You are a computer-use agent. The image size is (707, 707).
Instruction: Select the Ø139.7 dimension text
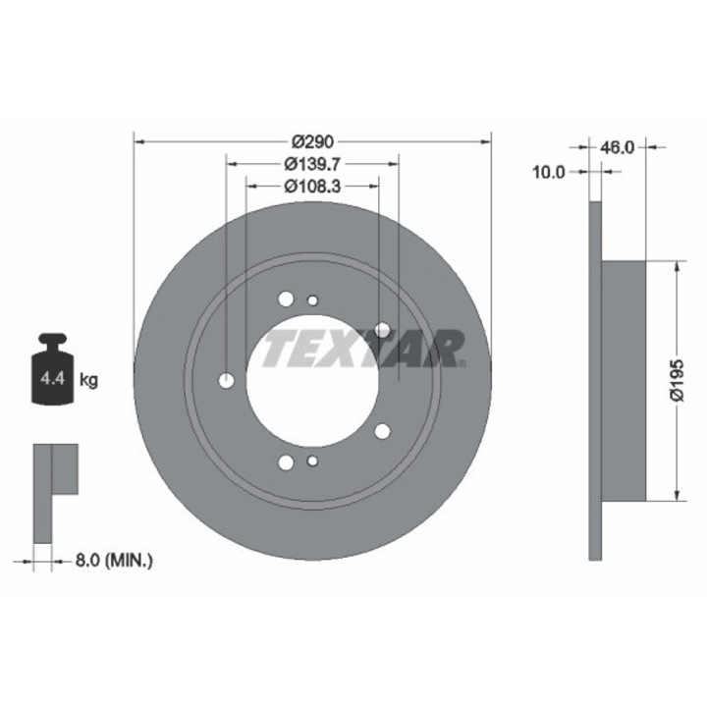coord(311,164)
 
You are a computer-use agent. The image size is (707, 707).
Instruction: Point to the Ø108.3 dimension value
coord(311,185)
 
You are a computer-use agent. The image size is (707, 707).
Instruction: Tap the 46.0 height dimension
coord(617,147)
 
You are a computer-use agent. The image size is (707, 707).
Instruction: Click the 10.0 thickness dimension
coord(549,172)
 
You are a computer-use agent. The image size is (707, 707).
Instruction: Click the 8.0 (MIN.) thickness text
coord(114,561)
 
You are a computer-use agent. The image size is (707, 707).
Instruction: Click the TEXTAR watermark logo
coord(363,348)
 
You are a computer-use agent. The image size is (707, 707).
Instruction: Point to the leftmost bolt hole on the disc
coord(227,381)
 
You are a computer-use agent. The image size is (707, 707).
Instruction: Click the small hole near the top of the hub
coord(313,300)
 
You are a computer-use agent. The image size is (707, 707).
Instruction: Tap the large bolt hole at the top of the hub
coord(286,299)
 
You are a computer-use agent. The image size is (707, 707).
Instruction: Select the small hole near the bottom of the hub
coord(313,461)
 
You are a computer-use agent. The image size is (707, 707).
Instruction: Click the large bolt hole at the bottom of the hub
coord(286,462)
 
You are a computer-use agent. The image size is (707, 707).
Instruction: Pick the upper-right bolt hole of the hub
coord(383,331)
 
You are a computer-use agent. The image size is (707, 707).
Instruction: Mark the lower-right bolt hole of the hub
coord(383,430)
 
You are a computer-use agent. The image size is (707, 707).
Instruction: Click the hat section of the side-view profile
coord(623,380)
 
